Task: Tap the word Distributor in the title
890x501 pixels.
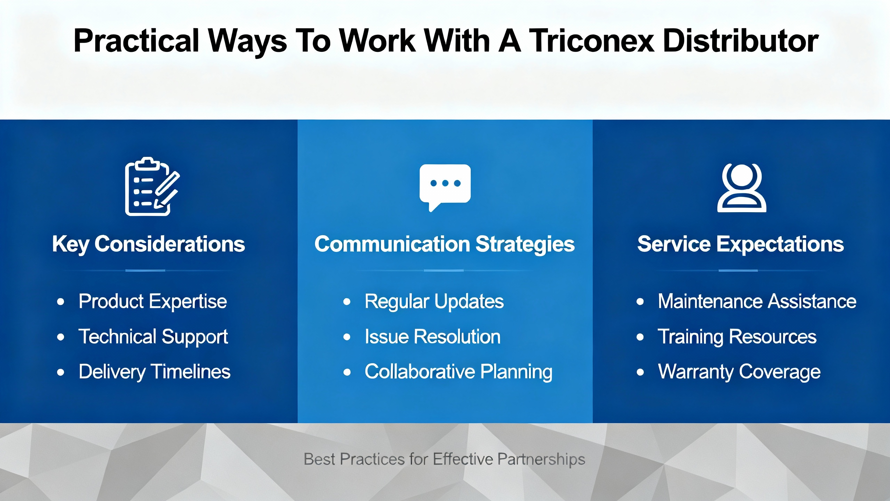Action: [741, 41]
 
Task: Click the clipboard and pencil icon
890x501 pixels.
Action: [152, 186]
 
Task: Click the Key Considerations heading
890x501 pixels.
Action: [148, 244]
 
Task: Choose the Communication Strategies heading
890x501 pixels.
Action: [445, 244]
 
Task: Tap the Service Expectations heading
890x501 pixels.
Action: [741, 244]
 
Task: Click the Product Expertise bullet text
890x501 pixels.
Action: [153, 302]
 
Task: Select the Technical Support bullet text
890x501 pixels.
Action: [153, 337]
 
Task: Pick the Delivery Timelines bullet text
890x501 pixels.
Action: [154, 372]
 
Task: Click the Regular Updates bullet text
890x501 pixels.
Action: [434, 302]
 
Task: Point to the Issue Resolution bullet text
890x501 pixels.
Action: [433, 337]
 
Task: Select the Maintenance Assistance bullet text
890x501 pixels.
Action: [757, 301]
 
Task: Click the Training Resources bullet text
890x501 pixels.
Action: [737, 337]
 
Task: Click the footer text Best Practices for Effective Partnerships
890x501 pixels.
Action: [445, 460]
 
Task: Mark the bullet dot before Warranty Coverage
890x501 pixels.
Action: [640, 372]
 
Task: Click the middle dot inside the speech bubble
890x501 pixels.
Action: [445, 183]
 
